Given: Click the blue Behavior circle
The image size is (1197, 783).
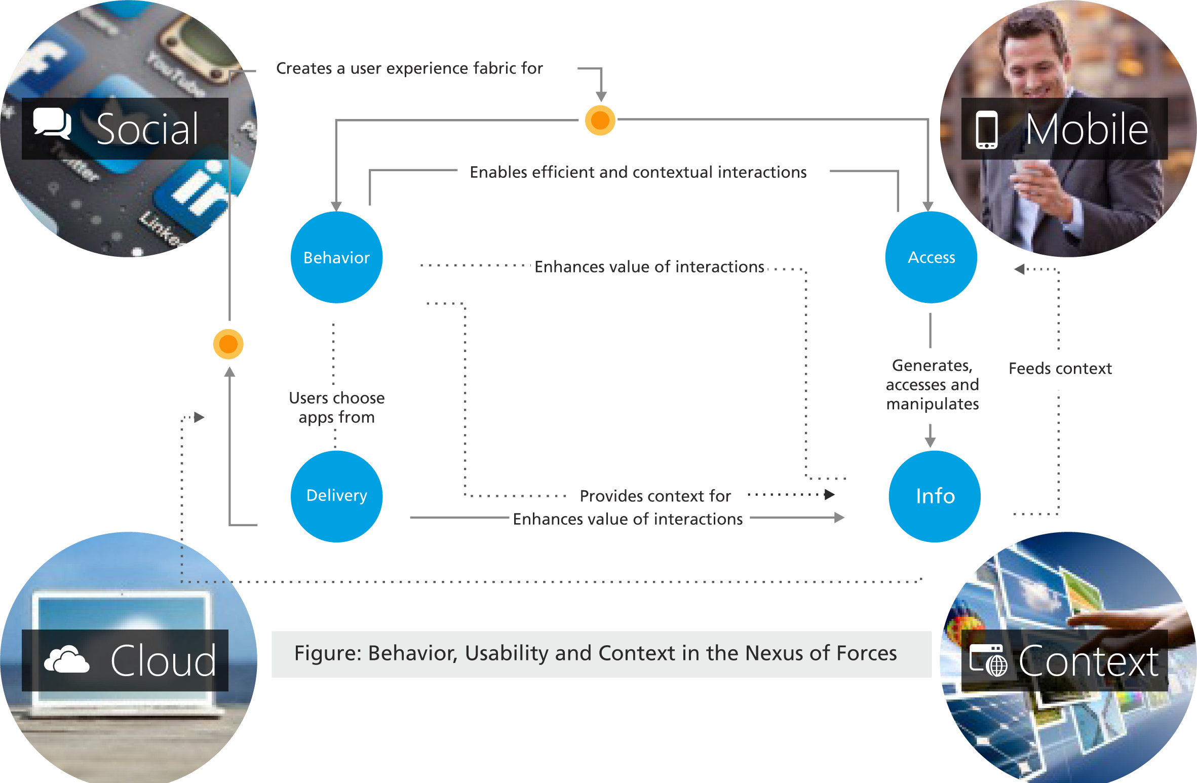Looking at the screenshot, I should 336,257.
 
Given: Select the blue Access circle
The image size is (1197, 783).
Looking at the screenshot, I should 931,257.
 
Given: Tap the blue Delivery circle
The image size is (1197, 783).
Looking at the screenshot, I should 336,496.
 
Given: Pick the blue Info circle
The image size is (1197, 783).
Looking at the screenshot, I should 935,496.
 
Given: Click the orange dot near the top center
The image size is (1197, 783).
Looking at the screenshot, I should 600,121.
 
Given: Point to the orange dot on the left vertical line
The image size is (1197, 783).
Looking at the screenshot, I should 228,344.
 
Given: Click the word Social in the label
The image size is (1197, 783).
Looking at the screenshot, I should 147,130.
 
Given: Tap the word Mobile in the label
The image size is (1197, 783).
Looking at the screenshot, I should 1086,130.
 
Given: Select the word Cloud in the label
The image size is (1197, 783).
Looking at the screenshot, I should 163,661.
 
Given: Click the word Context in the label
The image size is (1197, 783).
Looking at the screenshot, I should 1088,661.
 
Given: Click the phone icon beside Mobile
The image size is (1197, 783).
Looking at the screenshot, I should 986,130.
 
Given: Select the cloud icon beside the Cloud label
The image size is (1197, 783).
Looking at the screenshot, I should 66,659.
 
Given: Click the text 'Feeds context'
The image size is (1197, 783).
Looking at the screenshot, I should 1060,369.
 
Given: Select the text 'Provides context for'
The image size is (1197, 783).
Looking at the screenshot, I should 655,496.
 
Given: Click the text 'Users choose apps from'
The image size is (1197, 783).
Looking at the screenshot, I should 336,408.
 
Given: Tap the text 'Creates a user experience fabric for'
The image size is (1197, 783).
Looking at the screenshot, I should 409,68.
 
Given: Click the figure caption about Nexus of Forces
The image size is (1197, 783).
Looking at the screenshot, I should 595,653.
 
